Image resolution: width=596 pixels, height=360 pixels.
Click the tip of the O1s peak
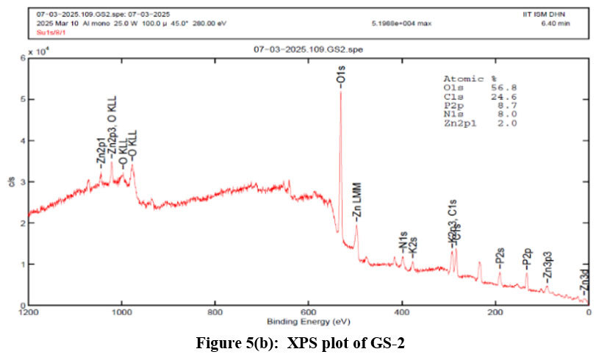(340, 91)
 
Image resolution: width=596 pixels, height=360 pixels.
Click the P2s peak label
(500, 256)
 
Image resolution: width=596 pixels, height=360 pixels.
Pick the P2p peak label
(527, 256)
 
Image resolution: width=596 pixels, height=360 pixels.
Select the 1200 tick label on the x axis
(28, 314)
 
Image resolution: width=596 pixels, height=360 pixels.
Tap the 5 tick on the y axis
(28, 98)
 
